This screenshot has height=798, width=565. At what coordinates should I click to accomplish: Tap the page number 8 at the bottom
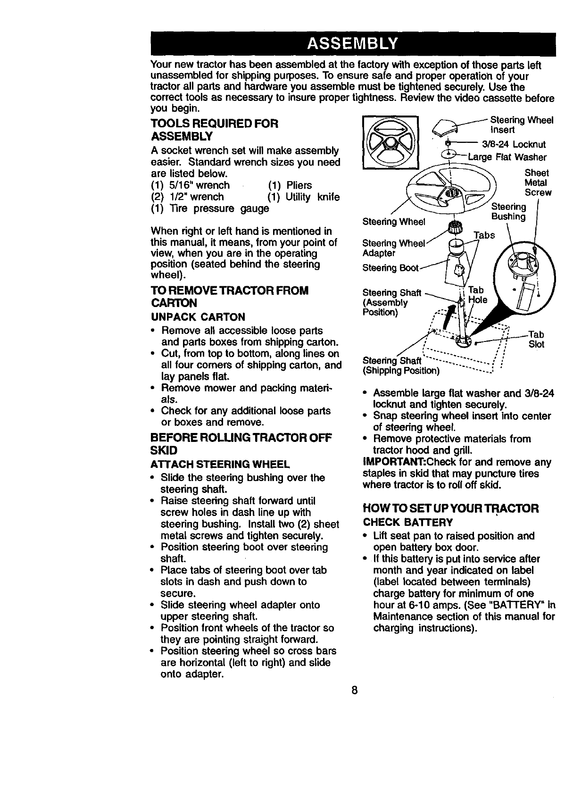[x=354, y=690]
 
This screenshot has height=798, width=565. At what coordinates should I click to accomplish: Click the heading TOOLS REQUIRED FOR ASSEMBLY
[x=215, y=130]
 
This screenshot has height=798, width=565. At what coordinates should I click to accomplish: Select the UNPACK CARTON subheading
[x=198, y=316]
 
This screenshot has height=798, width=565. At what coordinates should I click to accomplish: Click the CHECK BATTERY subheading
[x=407, y=523]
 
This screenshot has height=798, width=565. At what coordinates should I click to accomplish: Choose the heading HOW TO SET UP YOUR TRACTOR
[x=450, y=508]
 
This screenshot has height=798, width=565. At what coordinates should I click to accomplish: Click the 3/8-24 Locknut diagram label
[x=514, y=144]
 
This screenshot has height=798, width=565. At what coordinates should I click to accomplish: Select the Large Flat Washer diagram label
[x=507, y=157]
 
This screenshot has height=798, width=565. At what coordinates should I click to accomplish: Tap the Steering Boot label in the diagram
[x=390, y=268]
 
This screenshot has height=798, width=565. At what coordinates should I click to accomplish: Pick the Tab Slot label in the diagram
[x=536, y=340]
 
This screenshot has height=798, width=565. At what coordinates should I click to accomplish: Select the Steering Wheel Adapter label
[x=393, y=248]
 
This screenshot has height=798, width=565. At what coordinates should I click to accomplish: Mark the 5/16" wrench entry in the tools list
[x=191, y=185]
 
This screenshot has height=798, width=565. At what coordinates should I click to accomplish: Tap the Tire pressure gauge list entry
[x=210, y=208]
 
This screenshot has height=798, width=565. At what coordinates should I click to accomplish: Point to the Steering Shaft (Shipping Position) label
[x=400, y=366]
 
